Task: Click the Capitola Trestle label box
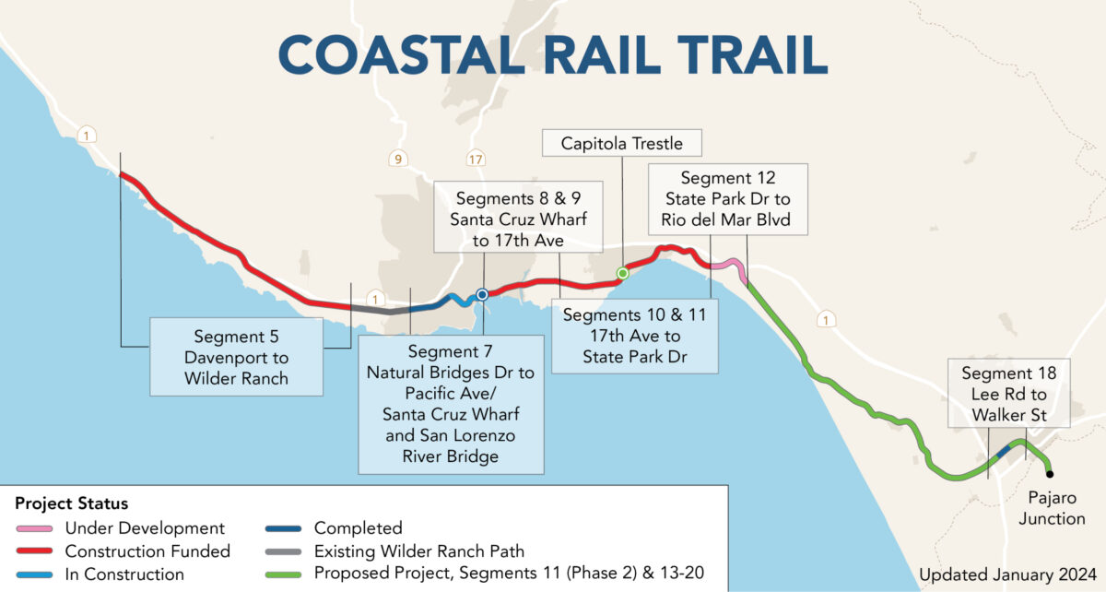(622, 143)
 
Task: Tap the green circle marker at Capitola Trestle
(622, 273)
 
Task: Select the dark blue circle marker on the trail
(482, 295)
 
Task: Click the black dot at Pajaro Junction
(1050, 474)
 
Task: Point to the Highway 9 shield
(397, 159)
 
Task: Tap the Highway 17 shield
(475, 159)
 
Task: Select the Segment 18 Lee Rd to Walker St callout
(1009, 394)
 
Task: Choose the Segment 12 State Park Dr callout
(728, 200)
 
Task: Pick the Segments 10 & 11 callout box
(634, 335)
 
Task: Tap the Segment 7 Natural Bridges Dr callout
(450, 404)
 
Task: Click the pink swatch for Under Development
(35, 529)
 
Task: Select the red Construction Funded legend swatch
(35, 552)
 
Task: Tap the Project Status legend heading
(71, 504)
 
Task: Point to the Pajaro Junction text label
(1056, 508)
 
